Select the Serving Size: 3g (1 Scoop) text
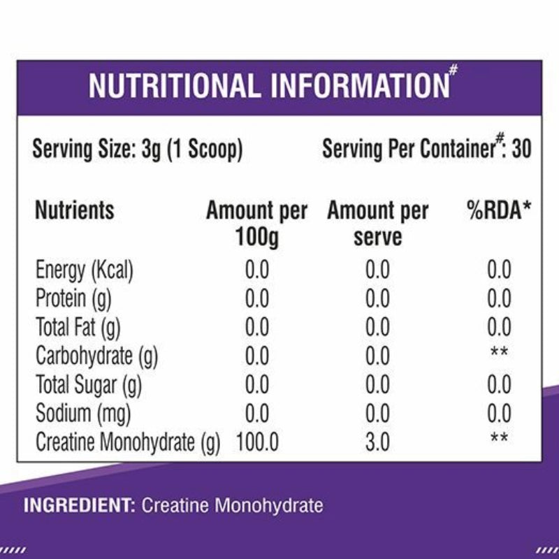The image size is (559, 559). pyautogui.click(x=138, y=150)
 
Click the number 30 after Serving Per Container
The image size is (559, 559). pyautogui.click(x=521, y=149)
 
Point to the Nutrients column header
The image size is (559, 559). pyautogui.click(x=74, y=210)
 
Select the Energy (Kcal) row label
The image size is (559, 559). pyautogui.click(x=84, y=270)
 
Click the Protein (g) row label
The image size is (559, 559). pyautogui.click(x=73, y=298)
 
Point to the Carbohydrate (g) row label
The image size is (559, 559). pyautogui.click(x=96, y=356)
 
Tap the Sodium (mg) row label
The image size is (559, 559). pyautogui.click(x=83, y=414)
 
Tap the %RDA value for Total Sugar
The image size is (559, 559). pyautogui.click(x=499, y=385)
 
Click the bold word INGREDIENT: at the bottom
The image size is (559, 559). pyautogui.click(x=78, y=504)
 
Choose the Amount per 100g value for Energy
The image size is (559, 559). pyautogui.click(x=256, y=270)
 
